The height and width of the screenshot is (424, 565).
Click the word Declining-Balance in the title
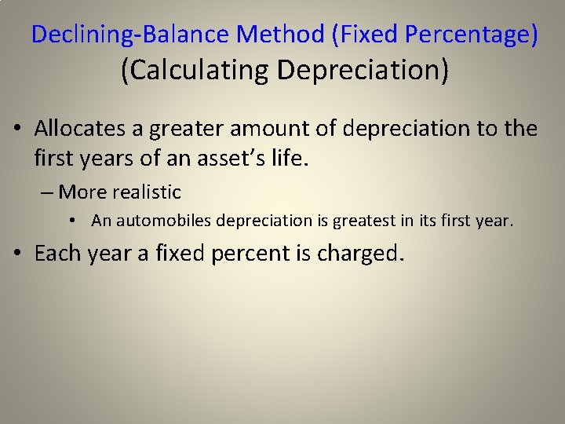tap(130, 35)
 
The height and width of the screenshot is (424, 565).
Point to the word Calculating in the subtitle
tap(195, 70)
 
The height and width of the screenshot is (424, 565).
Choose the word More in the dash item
tap(83, 192)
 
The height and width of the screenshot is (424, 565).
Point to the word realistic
tap(147, 192)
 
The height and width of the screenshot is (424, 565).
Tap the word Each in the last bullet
tap(60, 254)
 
